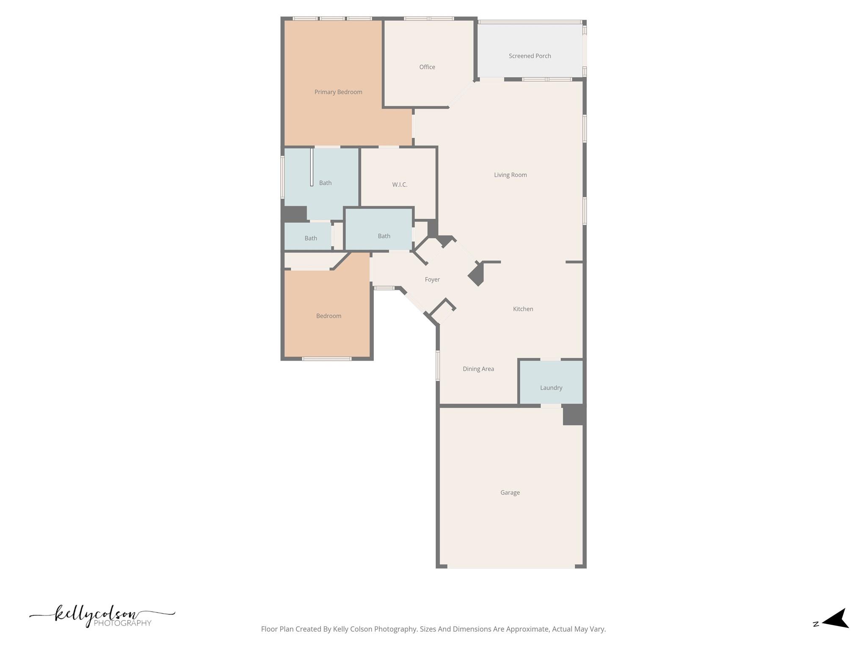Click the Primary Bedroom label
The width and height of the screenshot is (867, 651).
(x=338, y=92)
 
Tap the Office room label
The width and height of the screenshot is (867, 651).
(x=427, y=67)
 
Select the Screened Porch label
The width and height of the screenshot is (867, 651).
(x=530, y=56)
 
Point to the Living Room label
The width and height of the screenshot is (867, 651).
(x=510, y=175)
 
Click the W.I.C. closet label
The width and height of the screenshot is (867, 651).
(x=399, y=184)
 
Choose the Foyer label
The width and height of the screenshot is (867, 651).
(x=432, y=279)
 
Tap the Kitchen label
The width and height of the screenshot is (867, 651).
(x=523, y=309)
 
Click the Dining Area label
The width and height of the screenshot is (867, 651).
(x=478, y=369)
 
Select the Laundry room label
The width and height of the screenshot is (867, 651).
(x=551, y=387)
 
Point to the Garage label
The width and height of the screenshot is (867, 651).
(x=510, y=492)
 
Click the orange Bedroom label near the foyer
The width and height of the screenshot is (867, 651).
(x=329, y=316)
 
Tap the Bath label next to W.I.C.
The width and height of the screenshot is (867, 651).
(x=325, y=183)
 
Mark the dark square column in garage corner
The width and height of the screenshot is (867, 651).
(x=574, y=415)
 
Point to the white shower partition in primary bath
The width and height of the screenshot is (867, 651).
(x=312, y=167)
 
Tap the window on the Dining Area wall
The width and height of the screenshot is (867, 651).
(x=438, y=365)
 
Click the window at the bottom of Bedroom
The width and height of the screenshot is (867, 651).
(x=326, y=359)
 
